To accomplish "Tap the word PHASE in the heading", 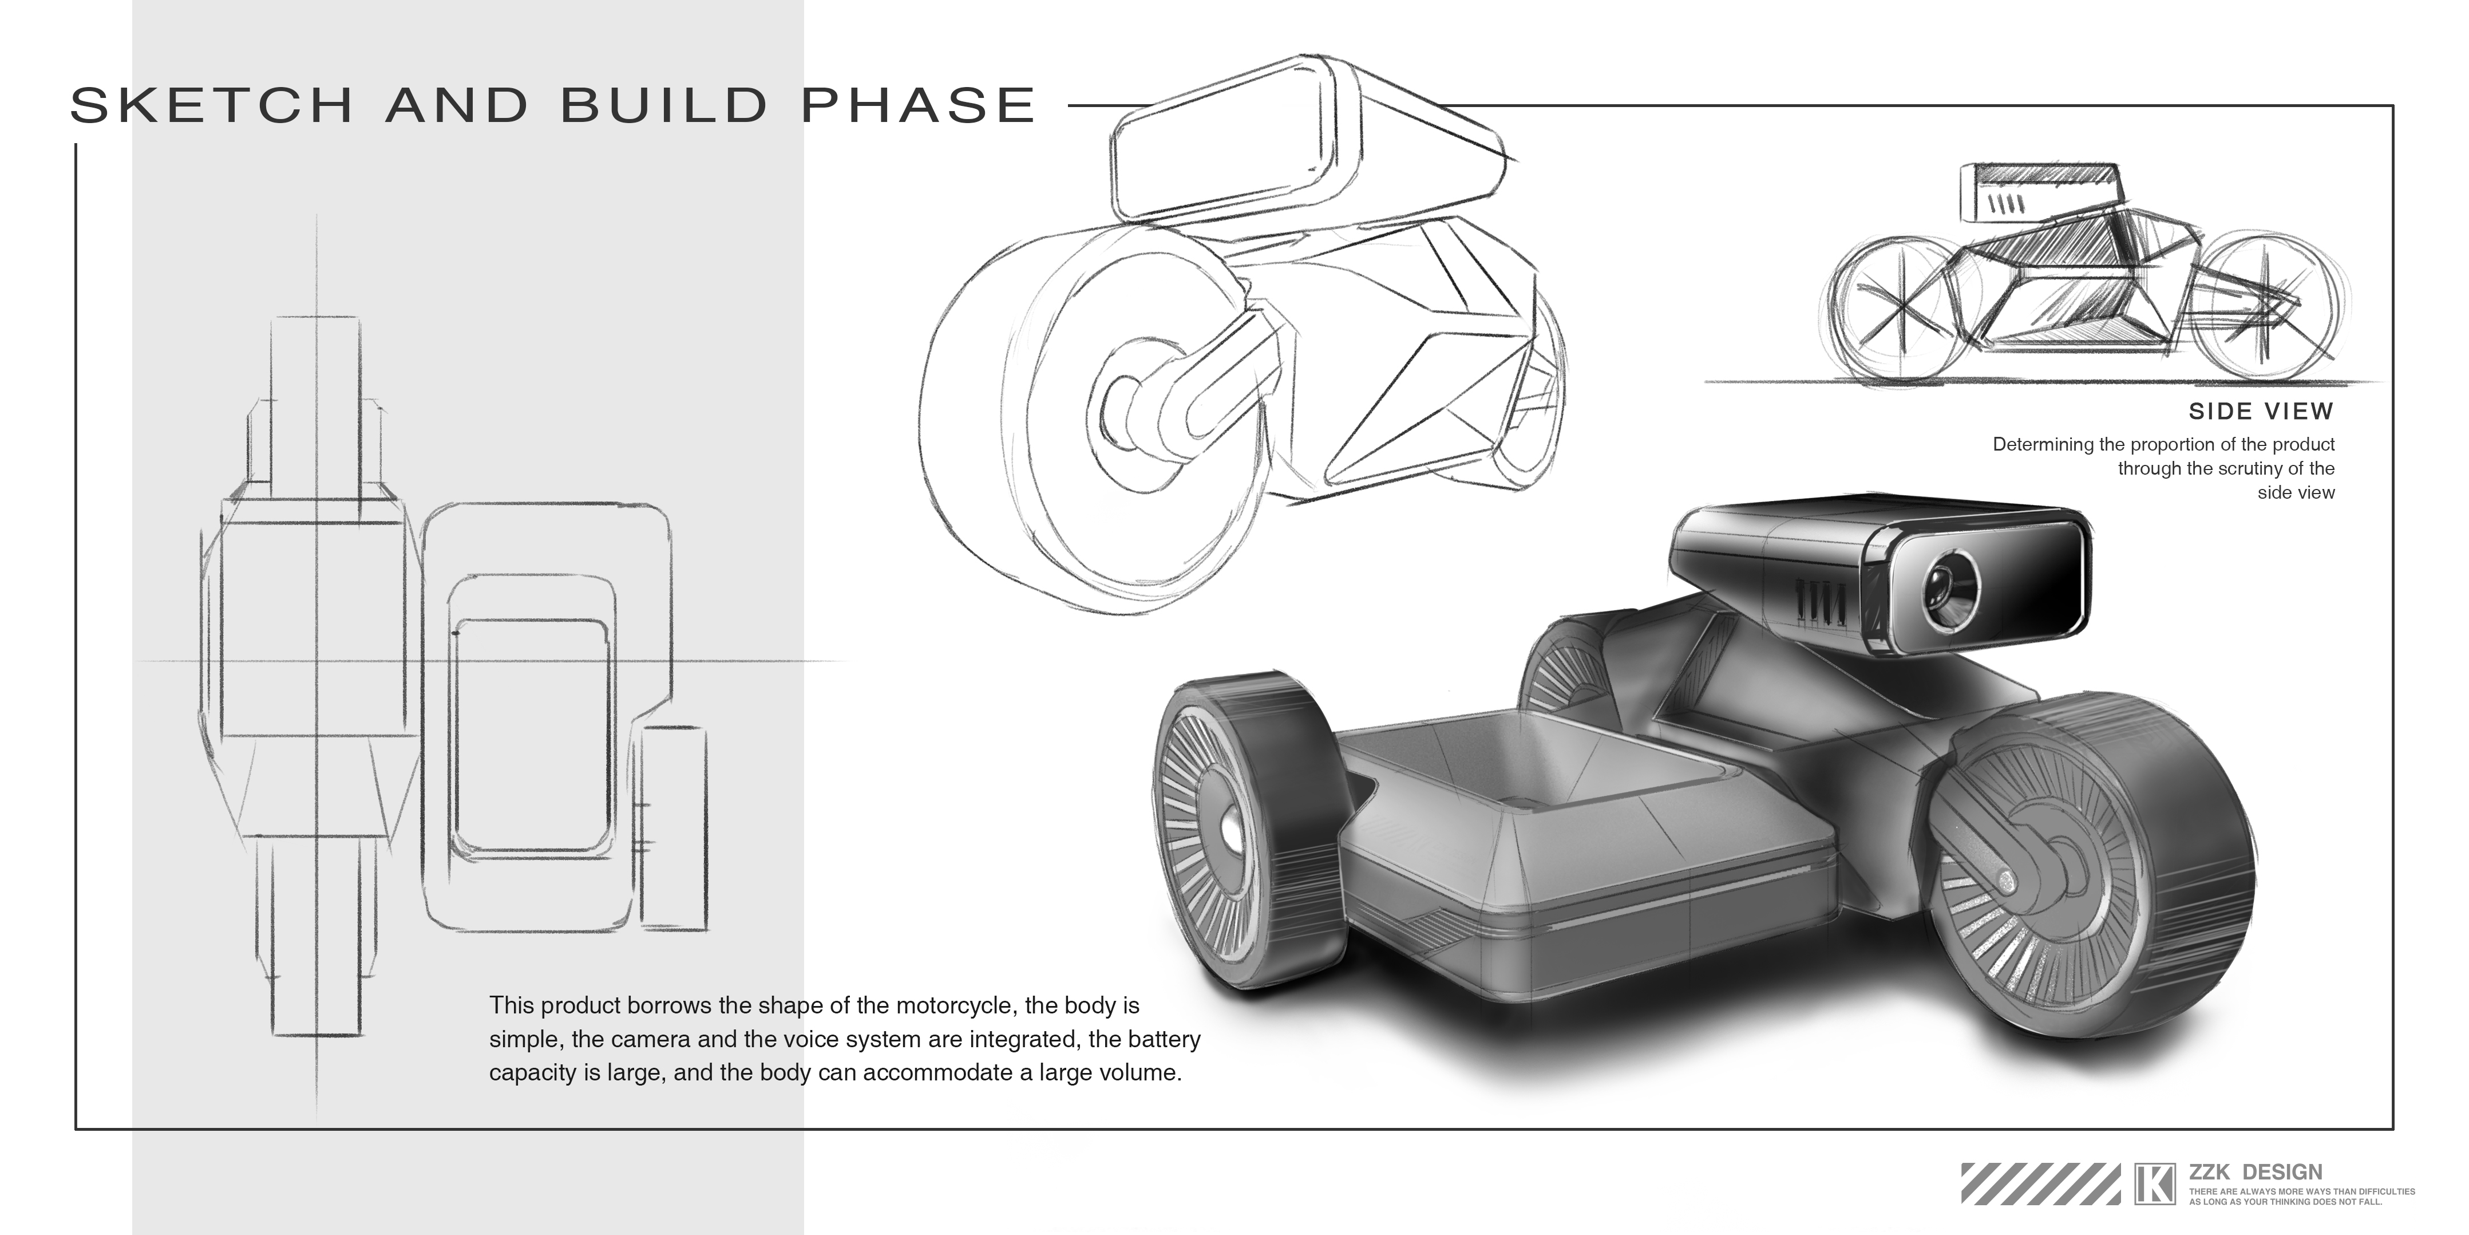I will (x=918, y=105).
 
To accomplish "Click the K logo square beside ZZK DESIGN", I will (x=2155, y=1182).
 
